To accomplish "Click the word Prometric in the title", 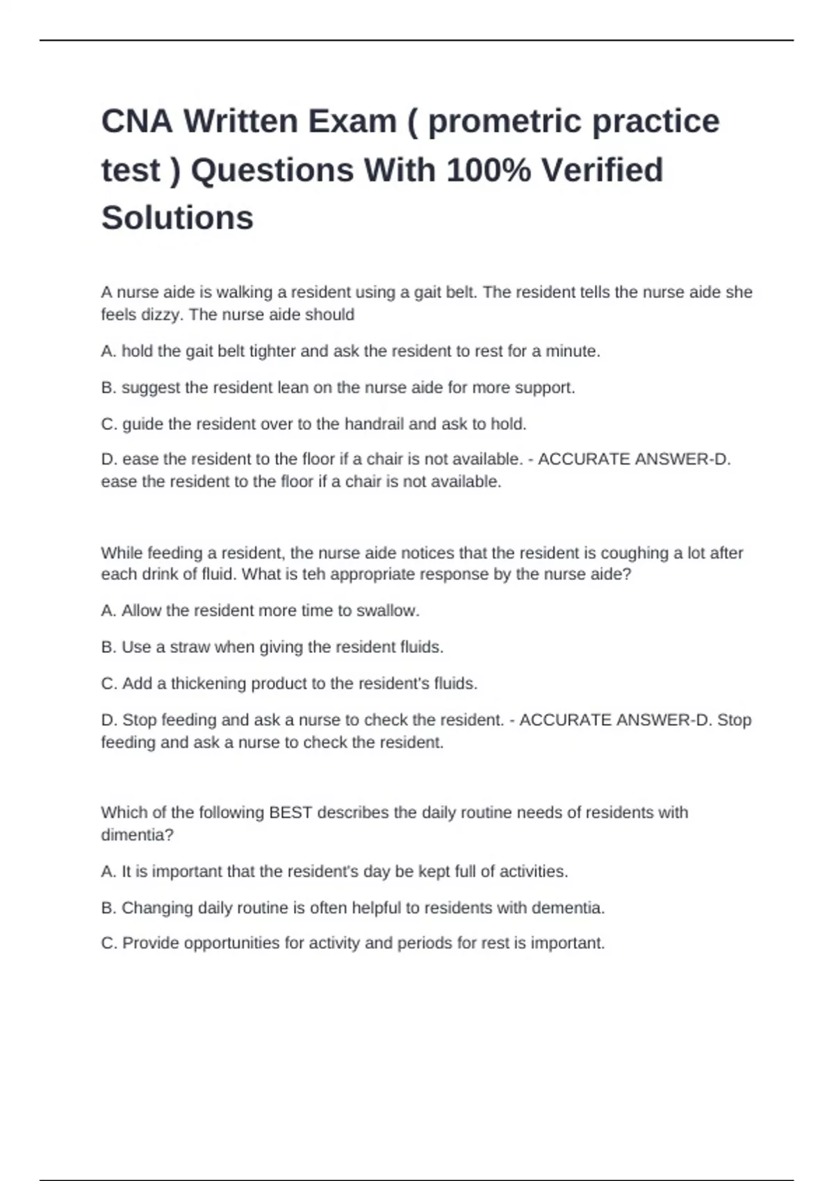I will click(x=505, y=122).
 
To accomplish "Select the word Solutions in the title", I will click(x=177, y=218).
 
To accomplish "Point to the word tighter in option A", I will click(x=272, y=352).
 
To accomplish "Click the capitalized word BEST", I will click(x=290, y=813).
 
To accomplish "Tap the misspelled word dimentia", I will click(x=137, y=835).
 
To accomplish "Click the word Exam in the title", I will click(x=352, y=122).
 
